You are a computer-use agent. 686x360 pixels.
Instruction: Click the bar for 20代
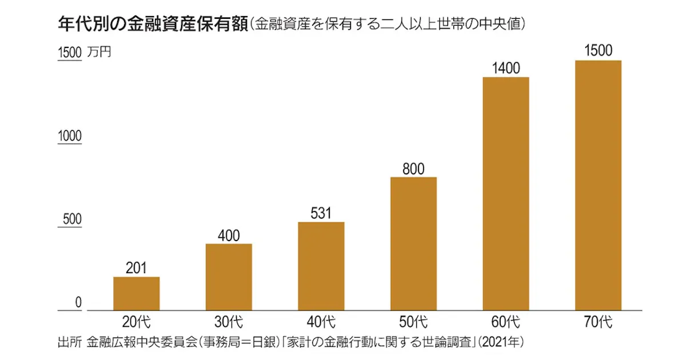pos(136,294)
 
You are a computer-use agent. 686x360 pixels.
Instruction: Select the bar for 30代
pos(229,277)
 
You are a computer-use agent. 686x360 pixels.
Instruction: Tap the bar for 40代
pos(321,266)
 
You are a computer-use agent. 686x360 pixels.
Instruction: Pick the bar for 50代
pos(413,244)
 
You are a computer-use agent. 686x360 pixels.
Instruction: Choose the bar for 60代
pos(506,194)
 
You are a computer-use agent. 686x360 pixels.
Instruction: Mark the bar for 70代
pos(598,186)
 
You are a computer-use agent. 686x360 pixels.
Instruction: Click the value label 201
pos(136,268)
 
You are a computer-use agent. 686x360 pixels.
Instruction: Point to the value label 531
pos(321,213)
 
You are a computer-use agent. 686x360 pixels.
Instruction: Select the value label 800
pos(413,169)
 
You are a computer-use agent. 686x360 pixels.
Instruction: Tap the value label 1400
pos(506,69)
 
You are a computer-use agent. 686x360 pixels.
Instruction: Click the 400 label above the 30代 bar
pos(229,235)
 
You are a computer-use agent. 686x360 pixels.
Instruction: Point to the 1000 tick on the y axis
pos(70,136)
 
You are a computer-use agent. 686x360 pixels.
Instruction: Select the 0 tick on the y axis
pos(79,303)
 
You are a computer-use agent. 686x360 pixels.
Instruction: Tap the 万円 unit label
pos(100,52)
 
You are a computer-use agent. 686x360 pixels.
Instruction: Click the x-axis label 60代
pos(506,322)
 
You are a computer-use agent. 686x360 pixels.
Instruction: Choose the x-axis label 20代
pos(136,322)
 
